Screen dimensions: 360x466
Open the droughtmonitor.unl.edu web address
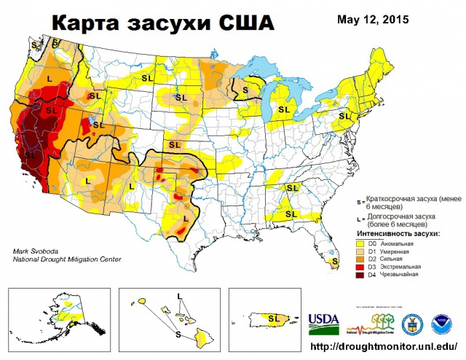click(384, 347)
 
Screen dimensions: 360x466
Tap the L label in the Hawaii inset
click(179, 295)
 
